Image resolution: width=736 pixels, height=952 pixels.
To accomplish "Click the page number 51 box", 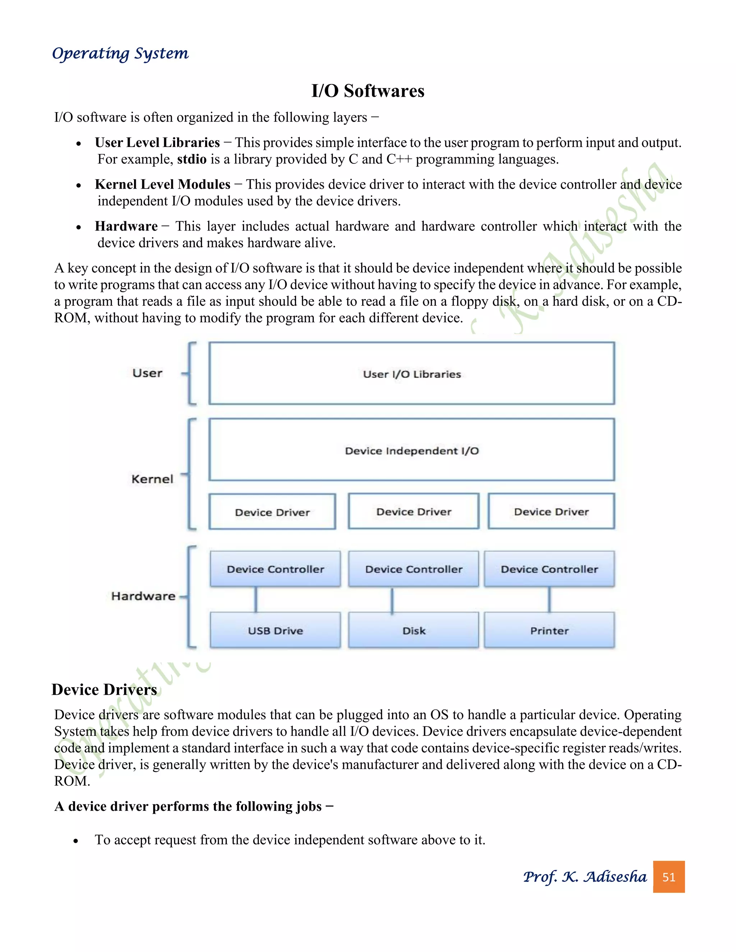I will pos(668,877).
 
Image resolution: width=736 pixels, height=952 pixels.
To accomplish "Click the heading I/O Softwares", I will pos(368,91).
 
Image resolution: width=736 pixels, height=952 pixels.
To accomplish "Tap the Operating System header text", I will pos(120,53).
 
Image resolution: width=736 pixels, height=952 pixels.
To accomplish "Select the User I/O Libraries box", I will pos(411,374).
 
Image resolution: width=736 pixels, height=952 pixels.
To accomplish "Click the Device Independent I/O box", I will pos(411,450).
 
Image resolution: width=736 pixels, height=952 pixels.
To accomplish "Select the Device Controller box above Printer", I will pos(549,569).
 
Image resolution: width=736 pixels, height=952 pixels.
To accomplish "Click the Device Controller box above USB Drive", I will pos(275,569).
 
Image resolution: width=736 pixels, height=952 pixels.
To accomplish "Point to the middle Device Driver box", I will pos(413,511).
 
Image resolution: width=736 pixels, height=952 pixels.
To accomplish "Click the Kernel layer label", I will pos(152,479).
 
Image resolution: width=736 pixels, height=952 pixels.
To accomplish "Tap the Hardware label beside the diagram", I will pos(143,596).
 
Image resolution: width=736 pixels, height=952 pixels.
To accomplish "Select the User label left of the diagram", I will pos(147,373).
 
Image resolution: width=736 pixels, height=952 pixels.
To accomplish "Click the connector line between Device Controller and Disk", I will pos(392,600).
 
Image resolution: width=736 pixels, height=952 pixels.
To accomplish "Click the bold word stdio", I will pos(192,159).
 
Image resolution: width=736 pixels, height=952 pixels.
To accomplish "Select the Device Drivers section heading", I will pos(104,690).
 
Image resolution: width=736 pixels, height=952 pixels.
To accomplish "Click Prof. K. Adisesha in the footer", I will pos(585,877).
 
